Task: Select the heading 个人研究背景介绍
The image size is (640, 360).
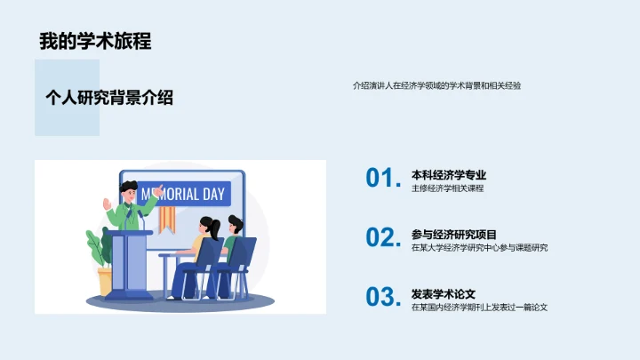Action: (109, 98)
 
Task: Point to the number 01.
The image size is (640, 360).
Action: (383, 179)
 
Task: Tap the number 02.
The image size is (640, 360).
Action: (383, 237)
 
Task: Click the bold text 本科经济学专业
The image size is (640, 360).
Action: (449, 175)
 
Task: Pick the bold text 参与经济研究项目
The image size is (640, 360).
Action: (454, 234)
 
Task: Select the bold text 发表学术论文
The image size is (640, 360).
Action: (444, 293)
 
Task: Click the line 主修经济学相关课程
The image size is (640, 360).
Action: (447, 188)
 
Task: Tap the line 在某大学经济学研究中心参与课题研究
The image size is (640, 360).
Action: (480, 247)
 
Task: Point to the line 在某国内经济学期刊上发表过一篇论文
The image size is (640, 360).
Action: (479, 307)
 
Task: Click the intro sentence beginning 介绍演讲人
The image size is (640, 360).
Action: (436, 86)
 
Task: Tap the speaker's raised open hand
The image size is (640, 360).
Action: (109, 203)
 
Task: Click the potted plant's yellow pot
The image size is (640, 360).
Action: (106, 282)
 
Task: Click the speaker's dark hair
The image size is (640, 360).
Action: (130, 186)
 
